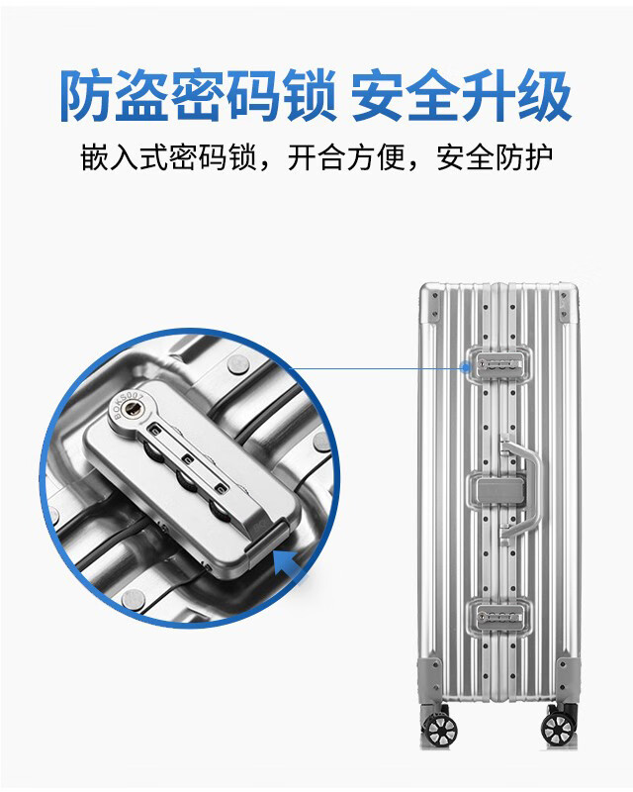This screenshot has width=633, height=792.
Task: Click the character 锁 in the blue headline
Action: (308, 95)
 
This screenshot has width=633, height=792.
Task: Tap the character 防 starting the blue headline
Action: (87, 95)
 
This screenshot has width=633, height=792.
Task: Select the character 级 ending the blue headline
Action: (544, 95)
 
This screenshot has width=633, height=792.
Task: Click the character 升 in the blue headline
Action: (489, 95)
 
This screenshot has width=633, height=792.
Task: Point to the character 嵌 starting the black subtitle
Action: (94, 157)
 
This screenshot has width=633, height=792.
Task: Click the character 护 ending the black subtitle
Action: (538, 157)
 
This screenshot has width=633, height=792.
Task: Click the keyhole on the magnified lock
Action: (134, 409)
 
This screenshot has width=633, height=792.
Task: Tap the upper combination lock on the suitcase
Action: (499, 364)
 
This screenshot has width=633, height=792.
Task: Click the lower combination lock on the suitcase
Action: (499, 616)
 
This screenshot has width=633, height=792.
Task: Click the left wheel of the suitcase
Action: (441, 728)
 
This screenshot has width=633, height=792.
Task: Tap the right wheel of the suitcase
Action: (557, 728)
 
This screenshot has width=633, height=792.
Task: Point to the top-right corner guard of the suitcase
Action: (565, 306)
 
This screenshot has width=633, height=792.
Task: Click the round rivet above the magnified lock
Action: (238, 364)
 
